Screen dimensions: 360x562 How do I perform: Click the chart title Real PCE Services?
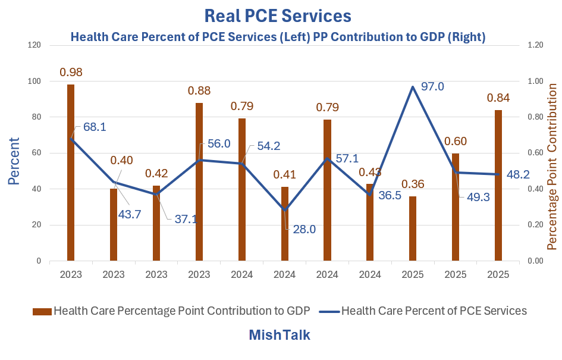coord(278,15)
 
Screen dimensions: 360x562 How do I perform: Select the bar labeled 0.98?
coord(71,173)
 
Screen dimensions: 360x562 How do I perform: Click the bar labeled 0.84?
coord(498,185)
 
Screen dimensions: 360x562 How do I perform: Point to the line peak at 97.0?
coord(413,87)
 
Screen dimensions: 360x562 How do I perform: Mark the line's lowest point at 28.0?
coord(285,210)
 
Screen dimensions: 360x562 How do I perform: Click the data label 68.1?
coord(95,127)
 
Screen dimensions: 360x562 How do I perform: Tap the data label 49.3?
coord(478,197)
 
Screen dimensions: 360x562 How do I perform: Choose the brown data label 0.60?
coord(456,141)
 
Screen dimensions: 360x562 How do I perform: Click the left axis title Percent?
coord(14,153)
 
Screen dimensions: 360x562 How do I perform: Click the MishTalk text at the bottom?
coord(279,335)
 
